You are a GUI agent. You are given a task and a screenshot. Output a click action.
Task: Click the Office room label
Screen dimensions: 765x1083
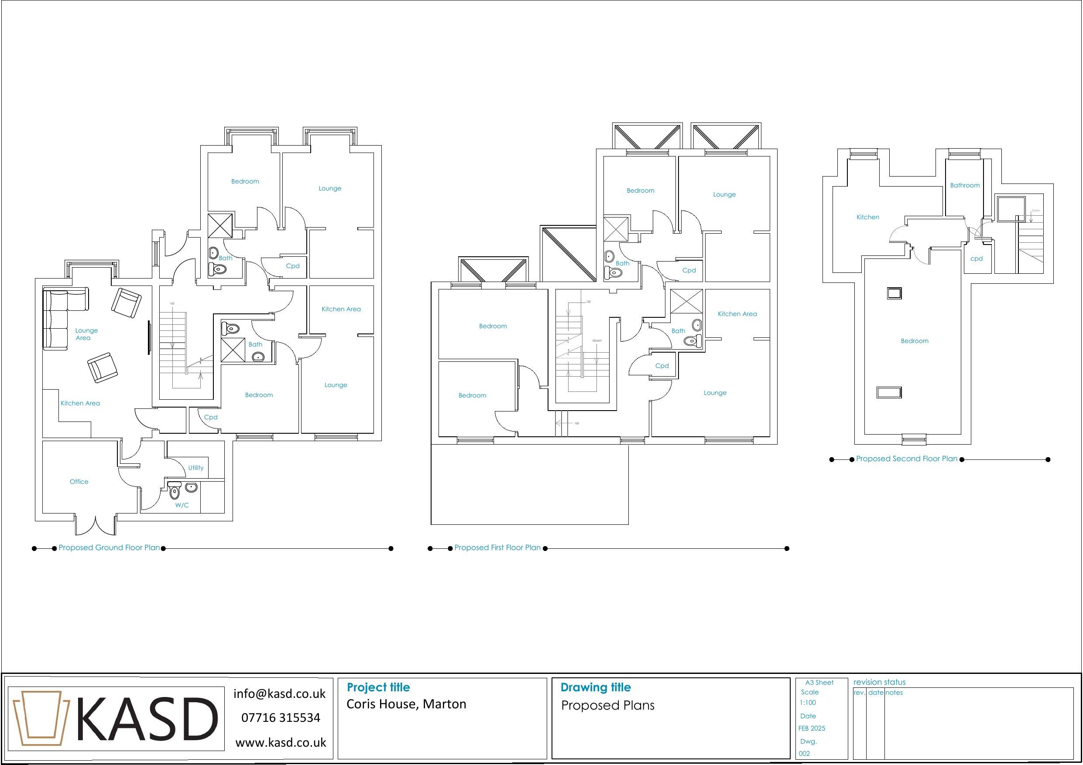click(79, 482)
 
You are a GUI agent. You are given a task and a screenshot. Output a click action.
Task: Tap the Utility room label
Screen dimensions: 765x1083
click(196, 468)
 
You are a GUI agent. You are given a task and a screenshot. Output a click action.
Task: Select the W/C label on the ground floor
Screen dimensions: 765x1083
click(182, 505)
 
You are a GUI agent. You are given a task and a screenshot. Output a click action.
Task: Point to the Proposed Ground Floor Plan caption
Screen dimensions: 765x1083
click(110, 548)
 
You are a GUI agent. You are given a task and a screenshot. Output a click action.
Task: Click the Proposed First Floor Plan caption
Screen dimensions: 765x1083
click(497, 548)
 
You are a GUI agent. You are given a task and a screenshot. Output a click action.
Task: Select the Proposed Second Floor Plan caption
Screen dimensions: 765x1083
click(907, 459)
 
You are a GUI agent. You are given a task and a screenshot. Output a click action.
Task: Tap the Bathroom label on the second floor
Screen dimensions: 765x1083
click(965, 185)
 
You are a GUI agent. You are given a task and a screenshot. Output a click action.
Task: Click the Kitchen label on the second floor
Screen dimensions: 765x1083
click(867, 217)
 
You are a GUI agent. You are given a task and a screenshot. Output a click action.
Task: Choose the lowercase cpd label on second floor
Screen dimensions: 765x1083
click(977, 259)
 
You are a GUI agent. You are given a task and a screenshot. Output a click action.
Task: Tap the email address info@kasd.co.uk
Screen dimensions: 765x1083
click(279, 694)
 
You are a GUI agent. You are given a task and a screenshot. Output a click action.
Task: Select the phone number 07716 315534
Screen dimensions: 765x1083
click(281, 718)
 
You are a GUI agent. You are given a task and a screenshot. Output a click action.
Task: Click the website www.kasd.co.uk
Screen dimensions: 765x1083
click(281, 743)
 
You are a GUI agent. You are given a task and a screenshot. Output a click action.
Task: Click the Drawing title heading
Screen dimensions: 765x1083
click(595, 687)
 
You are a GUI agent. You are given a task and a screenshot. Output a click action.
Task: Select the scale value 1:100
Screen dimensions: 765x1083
click(808, 703)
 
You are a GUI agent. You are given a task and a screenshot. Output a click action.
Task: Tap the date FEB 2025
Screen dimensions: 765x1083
click(811, 728)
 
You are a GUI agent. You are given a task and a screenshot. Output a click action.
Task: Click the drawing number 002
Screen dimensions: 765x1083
click(804, 753)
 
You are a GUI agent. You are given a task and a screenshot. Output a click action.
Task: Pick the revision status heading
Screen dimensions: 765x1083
click(879, 682)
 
